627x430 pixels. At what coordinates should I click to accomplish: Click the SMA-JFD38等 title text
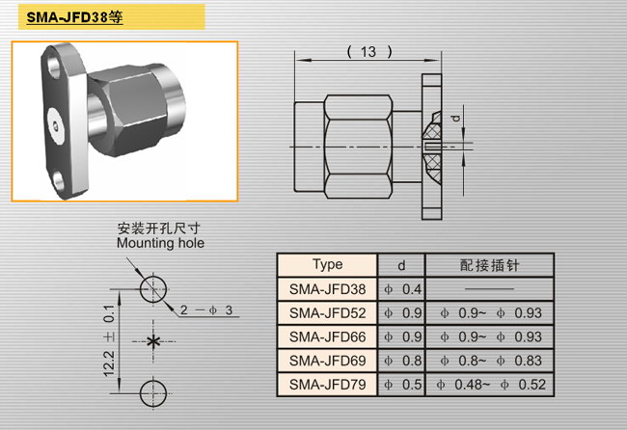(75, 17)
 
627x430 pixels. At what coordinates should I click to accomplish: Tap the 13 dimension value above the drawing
(368, 51)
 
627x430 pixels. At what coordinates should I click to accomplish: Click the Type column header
(328, 264)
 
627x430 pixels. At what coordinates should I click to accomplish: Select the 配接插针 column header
(489, 265)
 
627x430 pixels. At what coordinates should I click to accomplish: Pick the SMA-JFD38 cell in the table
(328, 289)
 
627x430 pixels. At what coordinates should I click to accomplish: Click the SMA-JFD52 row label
(328, 313)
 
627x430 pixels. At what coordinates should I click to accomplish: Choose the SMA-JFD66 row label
(328, 336)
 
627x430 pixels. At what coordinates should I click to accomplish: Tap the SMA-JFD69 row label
(328, 361)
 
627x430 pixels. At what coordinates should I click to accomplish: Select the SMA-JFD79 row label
(328, 385)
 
